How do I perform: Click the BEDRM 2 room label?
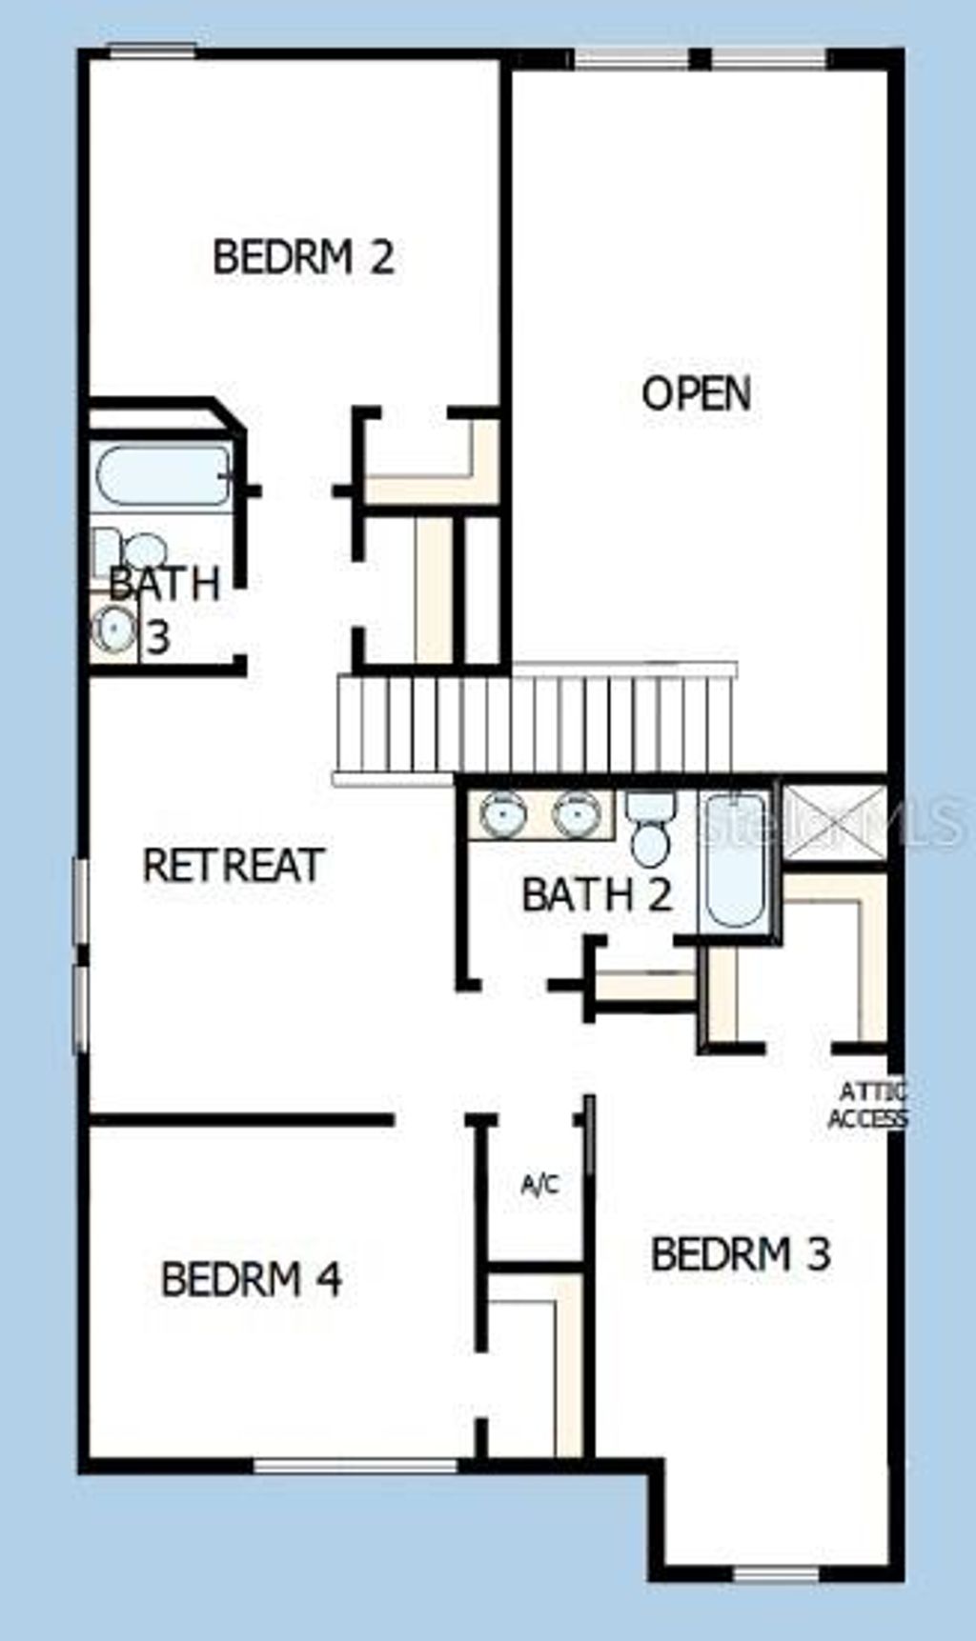point(303,257)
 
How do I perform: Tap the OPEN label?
point(696,393)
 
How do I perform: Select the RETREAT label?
point(234,865)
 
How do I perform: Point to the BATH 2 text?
point(597,894)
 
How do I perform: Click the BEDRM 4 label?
point(252,1279)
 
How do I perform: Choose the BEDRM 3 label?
point(741,1253)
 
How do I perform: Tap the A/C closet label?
point(539,1185)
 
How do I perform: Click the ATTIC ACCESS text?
point(867,1105)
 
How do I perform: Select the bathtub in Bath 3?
point(162,474)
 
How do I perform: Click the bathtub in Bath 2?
point(733,860)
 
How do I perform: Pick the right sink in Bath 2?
point(577,814)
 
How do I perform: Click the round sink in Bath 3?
point(114,629)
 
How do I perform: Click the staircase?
point(534,724)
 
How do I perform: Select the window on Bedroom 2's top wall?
point(152,50)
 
